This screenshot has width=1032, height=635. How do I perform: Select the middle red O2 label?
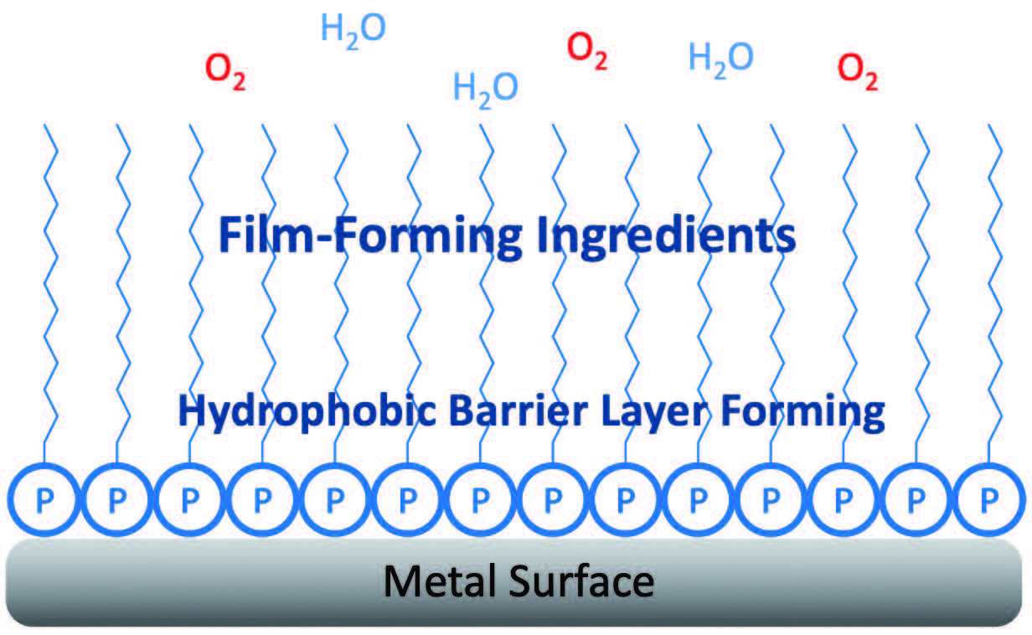coord(587,51)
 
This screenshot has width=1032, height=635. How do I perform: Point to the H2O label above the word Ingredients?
coord(486,87)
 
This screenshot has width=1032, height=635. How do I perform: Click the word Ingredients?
coord(664,237)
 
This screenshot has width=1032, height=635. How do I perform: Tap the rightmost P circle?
coord(990,500)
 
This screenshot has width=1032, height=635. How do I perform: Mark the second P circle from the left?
coord(116,500)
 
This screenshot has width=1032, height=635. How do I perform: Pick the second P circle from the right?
coord(917,500)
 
